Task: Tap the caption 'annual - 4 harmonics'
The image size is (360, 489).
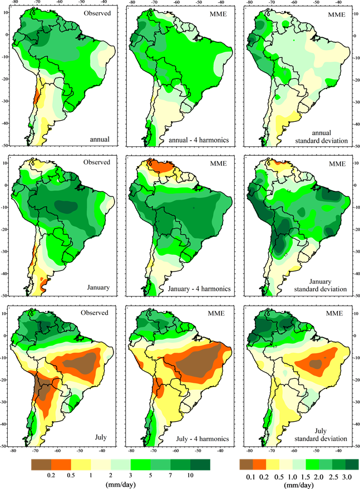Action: pyautogui.click(x=199, y=141)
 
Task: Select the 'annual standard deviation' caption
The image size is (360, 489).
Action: pyautogui.click(x=322, y=137)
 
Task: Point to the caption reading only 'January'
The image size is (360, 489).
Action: pyautogui.click(x=98, y=288)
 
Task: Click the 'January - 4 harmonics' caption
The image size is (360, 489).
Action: pyautogui.click(x=199, y=289)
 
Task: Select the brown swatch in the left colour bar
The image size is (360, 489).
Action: pyautogui.click(x=41, y=465)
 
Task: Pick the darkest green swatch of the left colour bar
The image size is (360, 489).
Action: pyautogui.click(x=200, y=465)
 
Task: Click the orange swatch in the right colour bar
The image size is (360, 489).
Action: pyautogui.click(x=259, y=465)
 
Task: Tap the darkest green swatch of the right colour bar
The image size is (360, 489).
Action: pyautogui.click(x=352, y=465)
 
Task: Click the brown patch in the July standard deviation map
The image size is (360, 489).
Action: pyautogui.click(x=316, y=364)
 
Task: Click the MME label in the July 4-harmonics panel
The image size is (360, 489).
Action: pyautogui.click(x=216, y=314)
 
